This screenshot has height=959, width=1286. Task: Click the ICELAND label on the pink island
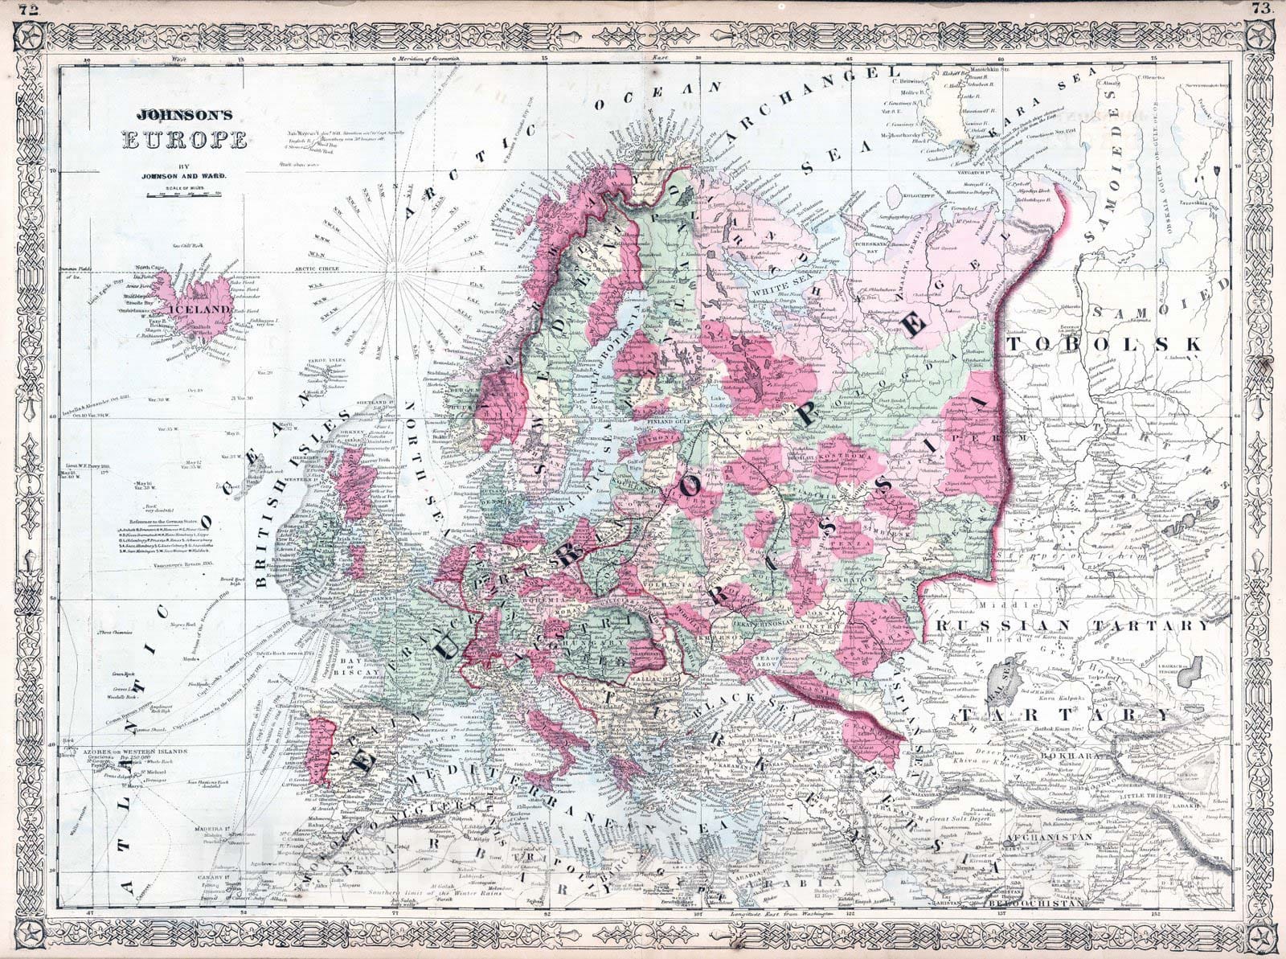pyautogui.click(x=205, y=309)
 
